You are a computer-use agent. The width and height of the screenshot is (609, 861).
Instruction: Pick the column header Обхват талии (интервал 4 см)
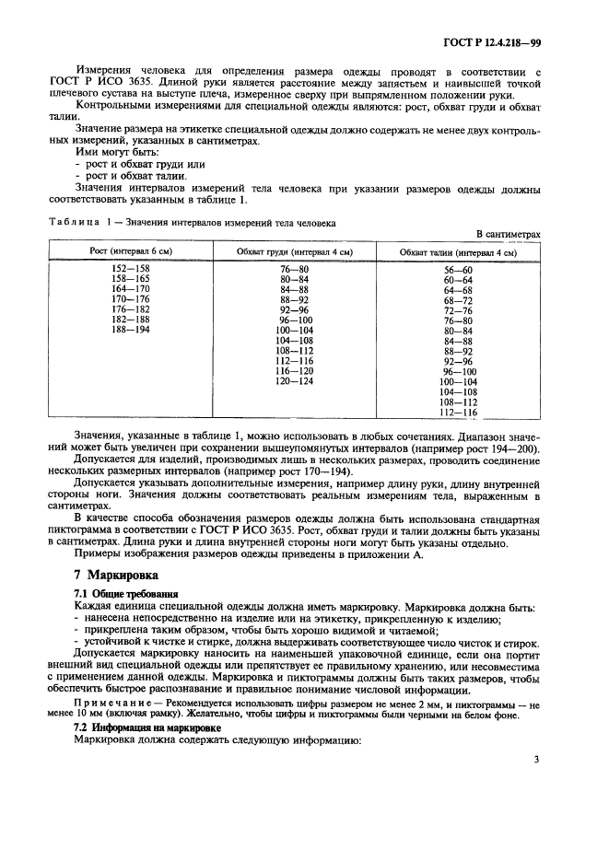[457, 251]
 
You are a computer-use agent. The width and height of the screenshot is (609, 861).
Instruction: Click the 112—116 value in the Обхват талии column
[457, 412]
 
